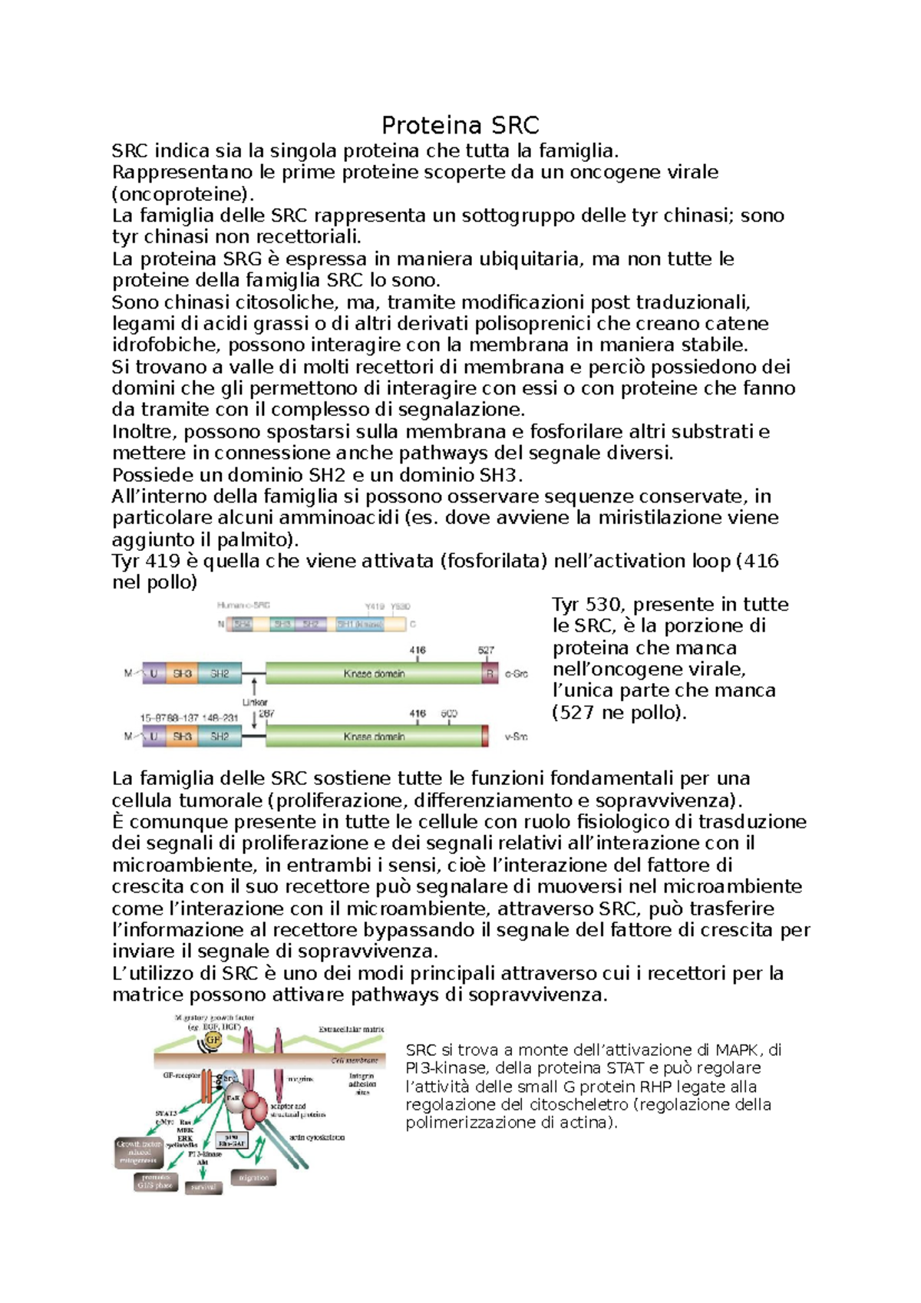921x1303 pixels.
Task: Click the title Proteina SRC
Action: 460,125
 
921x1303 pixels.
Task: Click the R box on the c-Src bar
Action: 490,674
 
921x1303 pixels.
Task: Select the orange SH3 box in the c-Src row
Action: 182,674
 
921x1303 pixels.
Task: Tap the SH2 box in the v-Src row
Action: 220,737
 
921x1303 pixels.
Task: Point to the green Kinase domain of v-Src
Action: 374,737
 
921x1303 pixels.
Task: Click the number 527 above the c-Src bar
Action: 487,650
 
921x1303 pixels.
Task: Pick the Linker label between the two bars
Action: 255,702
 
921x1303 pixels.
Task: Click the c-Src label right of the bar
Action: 516,674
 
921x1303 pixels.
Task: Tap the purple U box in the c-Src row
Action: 153,674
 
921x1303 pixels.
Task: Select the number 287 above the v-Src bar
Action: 266,714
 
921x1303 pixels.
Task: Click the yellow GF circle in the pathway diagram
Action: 213,1040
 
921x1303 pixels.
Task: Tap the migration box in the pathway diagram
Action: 253,1177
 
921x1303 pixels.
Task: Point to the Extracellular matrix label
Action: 352,1029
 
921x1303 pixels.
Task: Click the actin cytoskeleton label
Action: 318,1137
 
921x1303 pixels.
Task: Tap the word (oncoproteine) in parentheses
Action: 183,193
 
